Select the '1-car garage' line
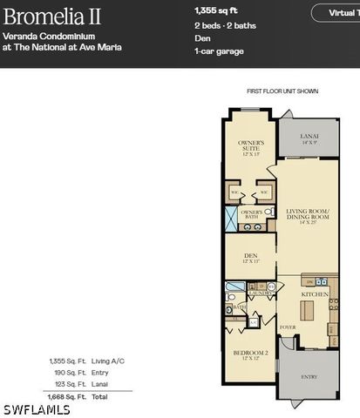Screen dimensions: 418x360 tap(218, 51)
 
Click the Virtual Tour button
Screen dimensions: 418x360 tap(338, 13)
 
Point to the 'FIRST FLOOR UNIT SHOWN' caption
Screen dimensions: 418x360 tap(282, 91)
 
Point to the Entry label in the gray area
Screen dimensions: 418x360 tap(309, 377)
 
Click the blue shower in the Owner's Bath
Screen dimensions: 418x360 tap(231, 219)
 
